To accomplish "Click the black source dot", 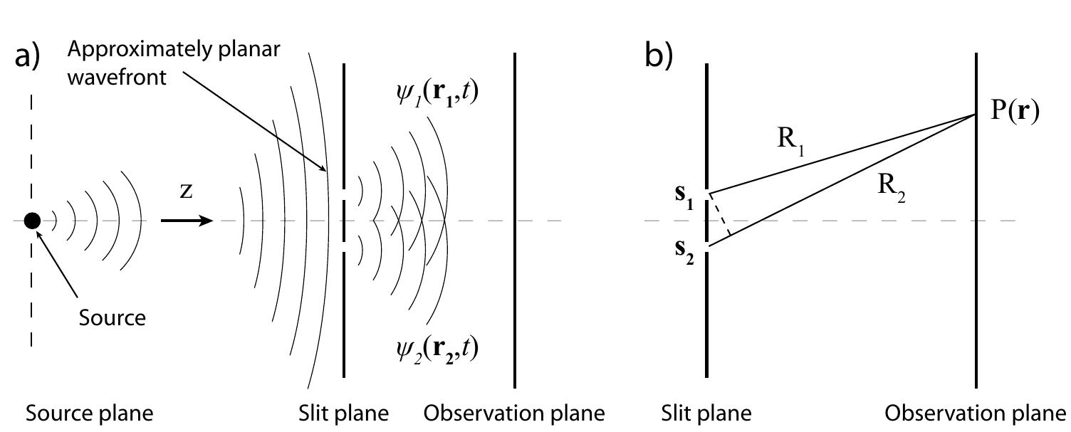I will tap(32, 221).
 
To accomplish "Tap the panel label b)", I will tap(659, 56).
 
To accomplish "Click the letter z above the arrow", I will tap(186, 192).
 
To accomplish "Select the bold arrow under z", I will tap(187, 221).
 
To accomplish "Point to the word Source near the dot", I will tap(112, 317).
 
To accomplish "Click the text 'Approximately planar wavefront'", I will tap(174, 63).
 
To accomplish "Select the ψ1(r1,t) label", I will tap(436, 95).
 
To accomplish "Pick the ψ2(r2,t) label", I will tap(437, 348).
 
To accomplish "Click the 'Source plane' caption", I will tap(89, 413).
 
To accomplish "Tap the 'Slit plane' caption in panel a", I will tap(344, 413).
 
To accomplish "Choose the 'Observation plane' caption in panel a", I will tap(514, 413).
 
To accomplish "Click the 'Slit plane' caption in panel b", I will tap(706, 413).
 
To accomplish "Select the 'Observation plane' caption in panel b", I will tap(976, 413).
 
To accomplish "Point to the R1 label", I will tap(790, 140).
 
